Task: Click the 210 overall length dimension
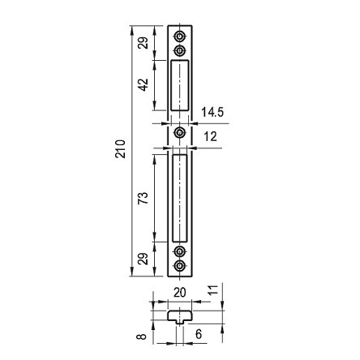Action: (120, 149)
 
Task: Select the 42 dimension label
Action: (144, 85)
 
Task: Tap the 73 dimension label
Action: (144, 198)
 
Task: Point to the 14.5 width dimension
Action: (212, 112)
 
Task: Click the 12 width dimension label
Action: (210, 136)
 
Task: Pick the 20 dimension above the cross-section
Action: (180, 293)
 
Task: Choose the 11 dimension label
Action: (213, 289)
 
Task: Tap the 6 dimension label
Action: (199, 334)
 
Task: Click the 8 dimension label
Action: (142, 336)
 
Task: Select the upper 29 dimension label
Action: (144, 42)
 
